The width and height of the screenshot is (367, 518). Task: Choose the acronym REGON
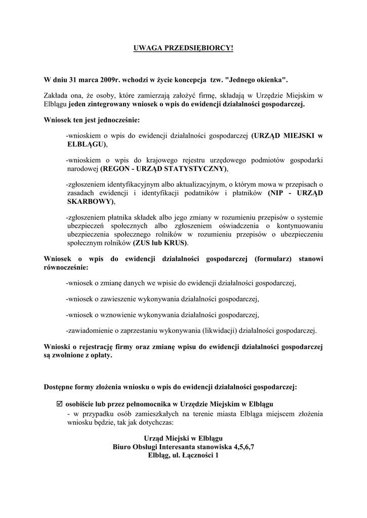click(x=116, y=168)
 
